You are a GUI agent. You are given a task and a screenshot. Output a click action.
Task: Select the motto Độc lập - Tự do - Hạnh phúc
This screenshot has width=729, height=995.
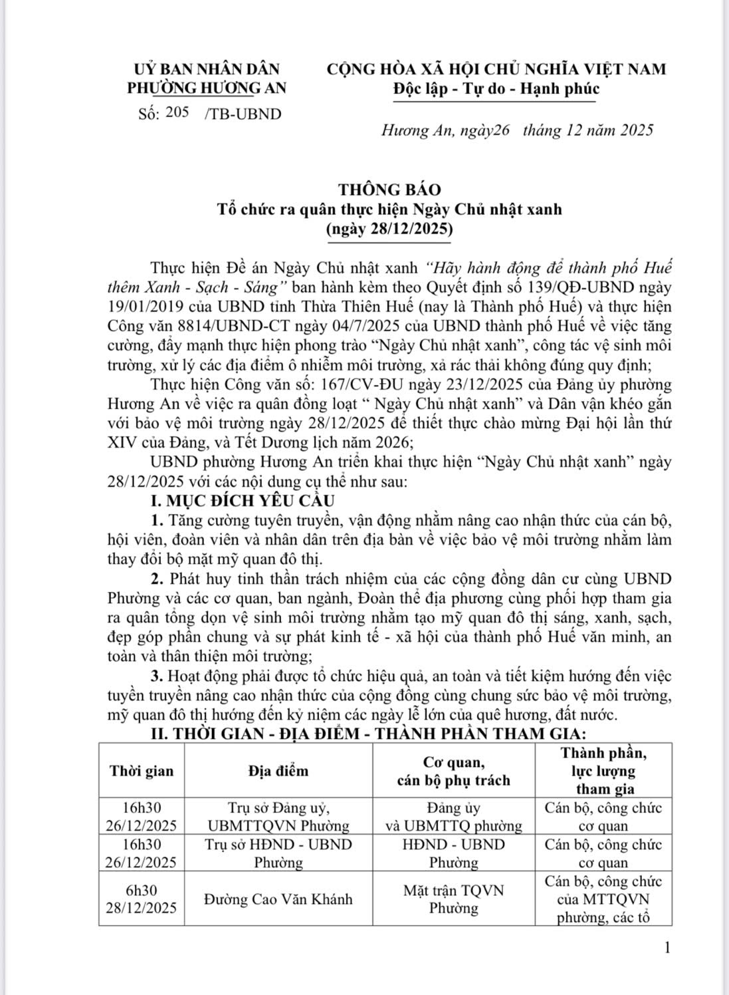pos(495,88)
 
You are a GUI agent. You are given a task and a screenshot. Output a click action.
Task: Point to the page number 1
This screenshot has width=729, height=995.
pos(667,966)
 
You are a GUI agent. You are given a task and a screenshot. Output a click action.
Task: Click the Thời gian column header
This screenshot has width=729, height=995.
pos(142,771)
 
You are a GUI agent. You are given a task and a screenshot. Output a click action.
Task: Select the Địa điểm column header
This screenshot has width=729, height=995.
pos(278,771)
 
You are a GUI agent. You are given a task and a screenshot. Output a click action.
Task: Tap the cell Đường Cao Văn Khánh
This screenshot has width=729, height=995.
pos(278,899)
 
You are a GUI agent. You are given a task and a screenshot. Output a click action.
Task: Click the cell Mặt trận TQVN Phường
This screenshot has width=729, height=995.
pos(453,899)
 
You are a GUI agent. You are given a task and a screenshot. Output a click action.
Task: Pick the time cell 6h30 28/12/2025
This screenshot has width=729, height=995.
pos(142,899)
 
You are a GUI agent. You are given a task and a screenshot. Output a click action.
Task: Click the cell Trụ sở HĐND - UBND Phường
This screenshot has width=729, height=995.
pos(278,853)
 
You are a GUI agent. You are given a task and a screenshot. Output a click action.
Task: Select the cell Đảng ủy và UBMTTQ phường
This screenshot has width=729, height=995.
pos(453,817)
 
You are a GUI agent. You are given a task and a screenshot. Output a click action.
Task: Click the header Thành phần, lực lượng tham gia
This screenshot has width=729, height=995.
pos(603,771)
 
